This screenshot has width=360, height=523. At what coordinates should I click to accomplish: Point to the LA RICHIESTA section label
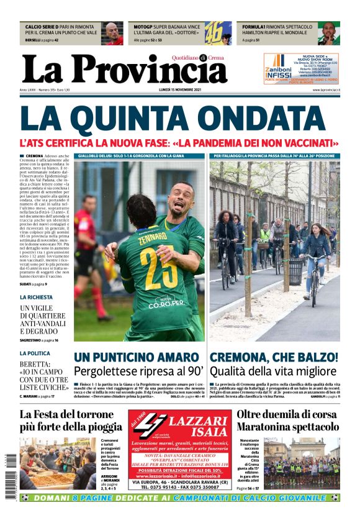point(35,298)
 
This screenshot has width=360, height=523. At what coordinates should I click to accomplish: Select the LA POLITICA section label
point(35,353)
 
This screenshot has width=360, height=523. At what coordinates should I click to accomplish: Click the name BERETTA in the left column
point(38,364)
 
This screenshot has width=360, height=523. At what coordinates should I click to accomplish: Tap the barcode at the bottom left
point(11,476)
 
